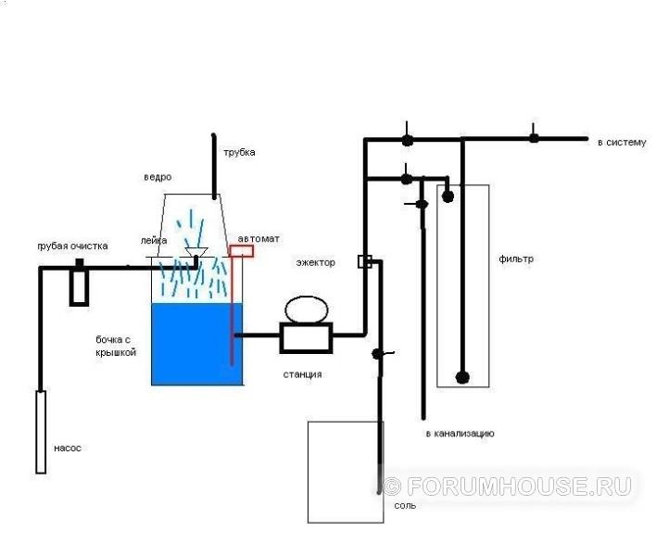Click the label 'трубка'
tap(239, 153)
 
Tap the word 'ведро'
tap(158, 177)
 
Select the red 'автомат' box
tap(242, 251)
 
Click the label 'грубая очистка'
tap(73, 246)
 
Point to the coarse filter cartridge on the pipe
tap(79, 283)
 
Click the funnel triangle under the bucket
tap(196, 252)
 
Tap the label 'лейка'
tap(154, 241)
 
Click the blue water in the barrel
tap(196, 344)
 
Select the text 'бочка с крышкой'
tap(116, 346)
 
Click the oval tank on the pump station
tap(307, 310)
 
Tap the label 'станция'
tap(302, 374)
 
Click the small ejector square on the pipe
tap(365, 261)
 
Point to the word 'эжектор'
tap(315, 263)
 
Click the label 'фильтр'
tap(516, 259)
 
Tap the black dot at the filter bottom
tap(462, 378)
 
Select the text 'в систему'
tap(622, 143)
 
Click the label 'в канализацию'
tap(460, 434)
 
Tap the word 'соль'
tap(405, 506)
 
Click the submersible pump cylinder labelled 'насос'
tap(41, 432)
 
